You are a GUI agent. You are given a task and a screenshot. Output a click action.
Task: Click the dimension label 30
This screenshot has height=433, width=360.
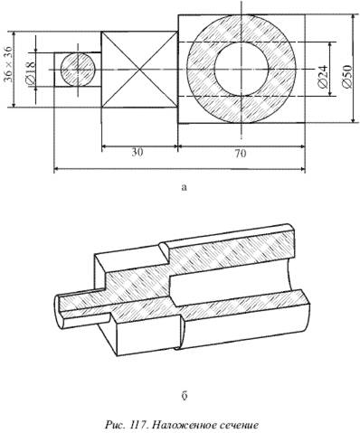[x=137, y=153]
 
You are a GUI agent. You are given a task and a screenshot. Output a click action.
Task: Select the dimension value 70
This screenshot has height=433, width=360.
[x=241, y=154]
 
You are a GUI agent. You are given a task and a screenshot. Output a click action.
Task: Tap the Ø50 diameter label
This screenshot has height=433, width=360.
[x=347, y=76]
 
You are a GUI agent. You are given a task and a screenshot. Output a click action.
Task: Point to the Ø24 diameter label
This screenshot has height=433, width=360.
[x=323, y=76]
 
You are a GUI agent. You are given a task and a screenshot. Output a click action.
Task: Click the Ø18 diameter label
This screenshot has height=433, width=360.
[x=31, y=72]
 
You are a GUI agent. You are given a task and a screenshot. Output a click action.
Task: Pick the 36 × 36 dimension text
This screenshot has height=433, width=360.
[x=8, y=64]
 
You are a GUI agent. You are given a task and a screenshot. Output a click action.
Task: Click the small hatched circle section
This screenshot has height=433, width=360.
[x=78, y=70]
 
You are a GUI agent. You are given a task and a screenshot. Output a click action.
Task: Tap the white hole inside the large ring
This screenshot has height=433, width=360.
[x=242, y=69]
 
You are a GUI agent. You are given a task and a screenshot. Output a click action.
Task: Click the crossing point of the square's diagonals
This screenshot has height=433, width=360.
[x=139, y=70]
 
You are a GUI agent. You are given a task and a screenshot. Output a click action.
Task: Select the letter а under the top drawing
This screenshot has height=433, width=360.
[x=185, y=188]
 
